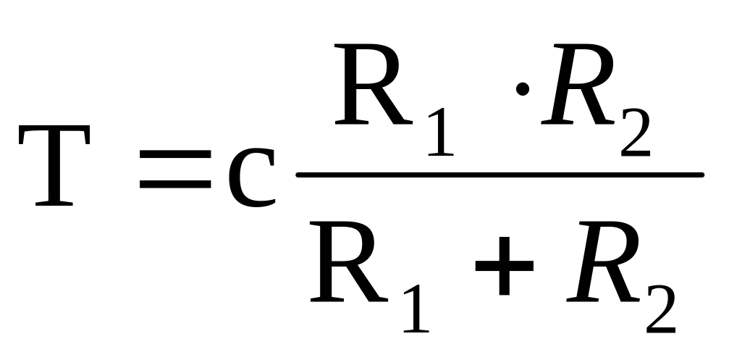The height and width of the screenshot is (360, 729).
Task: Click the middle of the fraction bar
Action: [x=500, y=175]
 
